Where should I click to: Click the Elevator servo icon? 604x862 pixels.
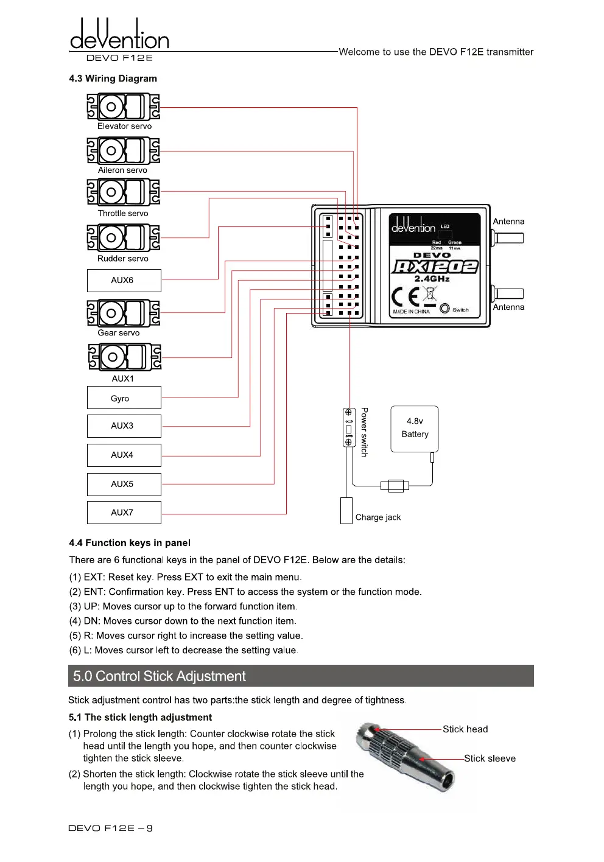(123, 107)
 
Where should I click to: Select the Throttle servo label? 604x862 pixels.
(123, 214)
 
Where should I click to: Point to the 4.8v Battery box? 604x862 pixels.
(415, 429)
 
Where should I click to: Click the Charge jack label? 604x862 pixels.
(377, 517)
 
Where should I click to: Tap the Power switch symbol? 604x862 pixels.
(349, 427)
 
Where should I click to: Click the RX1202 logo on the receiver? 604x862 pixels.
(435, 267)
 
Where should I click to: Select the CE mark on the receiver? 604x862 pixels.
(406, 296)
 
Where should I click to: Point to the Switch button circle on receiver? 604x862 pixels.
(444, 309)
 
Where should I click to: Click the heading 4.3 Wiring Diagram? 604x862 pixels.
(113, 79)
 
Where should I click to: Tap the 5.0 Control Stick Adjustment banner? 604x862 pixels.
(301, 676)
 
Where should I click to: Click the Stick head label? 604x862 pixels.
(465, 729)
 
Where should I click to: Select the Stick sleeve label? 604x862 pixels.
(490, 759)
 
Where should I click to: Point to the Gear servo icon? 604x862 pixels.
(124, 314)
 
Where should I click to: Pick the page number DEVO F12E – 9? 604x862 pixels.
(110, 828)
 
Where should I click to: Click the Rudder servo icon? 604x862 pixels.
(123, 237)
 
